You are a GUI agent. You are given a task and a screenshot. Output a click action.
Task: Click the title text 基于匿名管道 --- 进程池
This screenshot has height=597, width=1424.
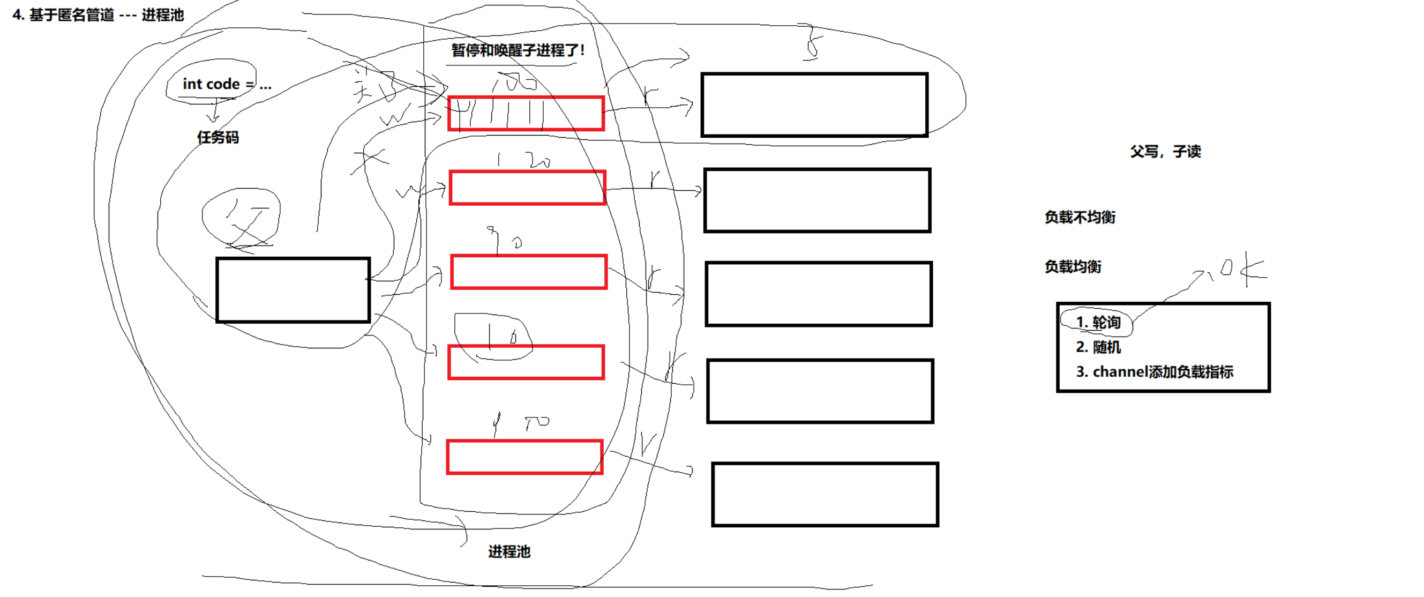99,15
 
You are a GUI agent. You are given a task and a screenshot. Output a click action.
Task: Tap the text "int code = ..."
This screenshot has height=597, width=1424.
227,84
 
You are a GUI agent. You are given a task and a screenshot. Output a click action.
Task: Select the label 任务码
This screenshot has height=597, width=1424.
218,137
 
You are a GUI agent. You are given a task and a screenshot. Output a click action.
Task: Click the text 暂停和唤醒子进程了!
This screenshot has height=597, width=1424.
518,50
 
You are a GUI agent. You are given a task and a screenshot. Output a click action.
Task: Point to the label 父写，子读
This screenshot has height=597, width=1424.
1165,152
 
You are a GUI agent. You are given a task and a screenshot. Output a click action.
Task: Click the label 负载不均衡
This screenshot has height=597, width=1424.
1080,217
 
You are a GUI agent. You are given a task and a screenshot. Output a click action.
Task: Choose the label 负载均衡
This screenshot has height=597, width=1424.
1073,266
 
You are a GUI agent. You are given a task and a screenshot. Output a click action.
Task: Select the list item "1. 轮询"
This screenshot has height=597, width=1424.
1098,322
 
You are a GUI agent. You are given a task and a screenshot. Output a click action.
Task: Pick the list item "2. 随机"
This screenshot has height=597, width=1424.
1098,347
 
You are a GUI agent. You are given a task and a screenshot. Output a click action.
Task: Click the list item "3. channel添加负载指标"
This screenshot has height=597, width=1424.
1154,371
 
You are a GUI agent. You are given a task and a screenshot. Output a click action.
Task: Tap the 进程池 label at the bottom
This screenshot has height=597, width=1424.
509,551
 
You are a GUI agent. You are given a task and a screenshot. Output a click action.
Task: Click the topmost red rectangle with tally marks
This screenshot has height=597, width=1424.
526,113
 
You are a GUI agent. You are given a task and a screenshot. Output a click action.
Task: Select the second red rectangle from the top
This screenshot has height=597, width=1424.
527,188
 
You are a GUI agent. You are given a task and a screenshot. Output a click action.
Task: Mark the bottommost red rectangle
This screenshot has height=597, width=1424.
524,457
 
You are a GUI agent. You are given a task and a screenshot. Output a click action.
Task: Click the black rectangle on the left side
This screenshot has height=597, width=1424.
293,289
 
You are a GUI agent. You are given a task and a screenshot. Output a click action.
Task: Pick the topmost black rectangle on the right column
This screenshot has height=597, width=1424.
814,105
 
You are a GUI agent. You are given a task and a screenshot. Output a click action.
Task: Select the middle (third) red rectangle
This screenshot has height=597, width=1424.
529,272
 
